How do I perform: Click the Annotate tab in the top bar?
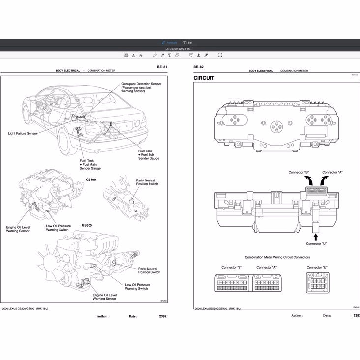pos(170,43)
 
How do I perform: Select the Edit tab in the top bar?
pos(188,43)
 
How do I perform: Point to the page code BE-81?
pos(161,66)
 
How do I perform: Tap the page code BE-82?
pos(198,66)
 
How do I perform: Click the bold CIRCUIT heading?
pos(204,78)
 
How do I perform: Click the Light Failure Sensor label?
pos(23,133)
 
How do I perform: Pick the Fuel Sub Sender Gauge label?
pos(149,155)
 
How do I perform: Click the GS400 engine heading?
pos(91,180)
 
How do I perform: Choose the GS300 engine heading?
pos(87,225)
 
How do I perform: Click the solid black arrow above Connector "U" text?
pos(315,237)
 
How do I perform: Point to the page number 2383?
pos(356,316)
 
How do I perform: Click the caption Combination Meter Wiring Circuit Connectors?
pos(277,257)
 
